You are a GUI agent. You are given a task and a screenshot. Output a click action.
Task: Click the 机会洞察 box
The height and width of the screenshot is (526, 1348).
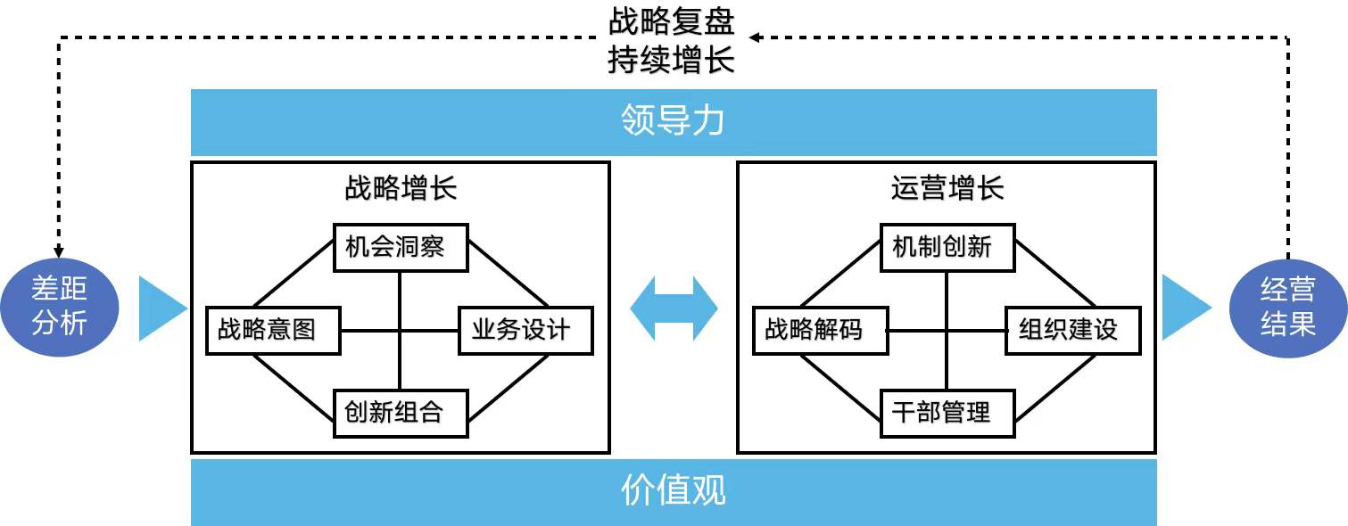401,247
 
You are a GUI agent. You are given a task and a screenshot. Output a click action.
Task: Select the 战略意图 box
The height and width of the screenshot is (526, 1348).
274,330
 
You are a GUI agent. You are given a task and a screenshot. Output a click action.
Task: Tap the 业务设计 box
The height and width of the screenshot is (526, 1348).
526,330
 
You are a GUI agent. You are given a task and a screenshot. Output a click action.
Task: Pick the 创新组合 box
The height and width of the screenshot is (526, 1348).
401,413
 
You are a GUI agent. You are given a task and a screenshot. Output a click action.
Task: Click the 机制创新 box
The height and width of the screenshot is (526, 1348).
947,247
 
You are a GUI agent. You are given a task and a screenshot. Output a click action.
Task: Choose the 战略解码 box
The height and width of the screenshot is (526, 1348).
821,330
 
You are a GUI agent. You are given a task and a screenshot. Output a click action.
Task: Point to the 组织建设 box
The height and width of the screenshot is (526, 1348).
1073,330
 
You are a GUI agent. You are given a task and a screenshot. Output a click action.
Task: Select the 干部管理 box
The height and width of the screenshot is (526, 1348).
947,413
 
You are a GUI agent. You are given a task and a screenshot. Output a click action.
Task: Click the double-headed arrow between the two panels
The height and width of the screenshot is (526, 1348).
674,308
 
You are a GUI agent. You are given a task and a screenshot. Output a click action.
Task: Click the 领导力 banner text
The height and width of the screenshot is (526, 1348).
674,122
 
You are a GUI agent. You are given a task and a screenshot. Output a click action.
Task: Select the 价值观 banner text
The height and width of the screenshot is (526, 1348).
674,491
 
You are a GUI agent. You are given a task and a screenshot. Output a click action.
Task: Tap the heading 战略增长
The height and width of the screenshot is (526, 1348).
401,188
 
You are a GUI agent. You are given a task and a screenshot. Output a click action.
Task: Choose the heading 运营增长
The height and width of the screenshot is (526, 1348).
947,188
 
